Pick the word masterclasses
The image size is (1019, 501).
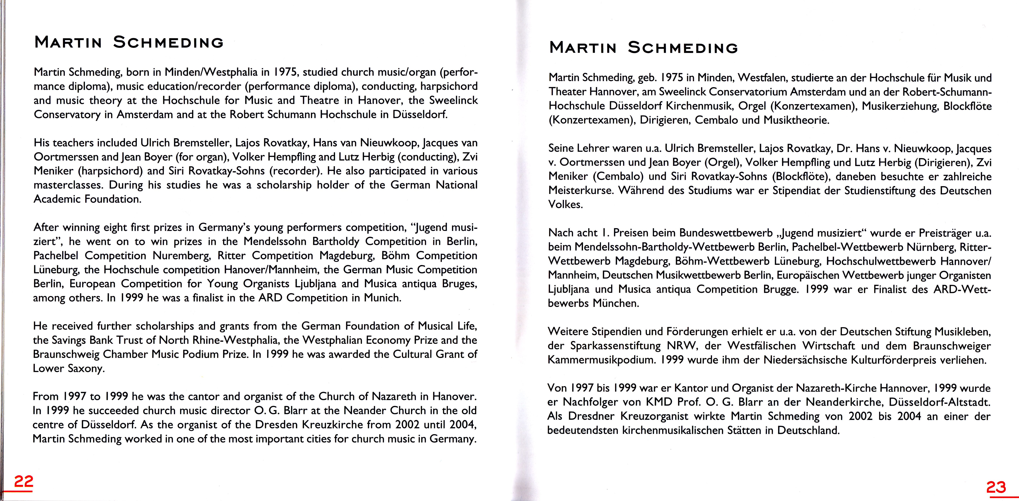(x=68, y=185)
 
